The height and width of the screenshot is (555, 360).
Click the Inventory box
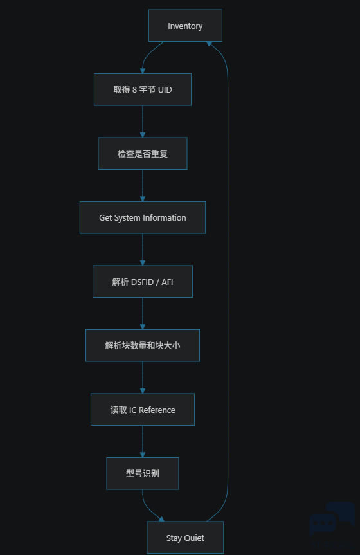[x=185, y=26]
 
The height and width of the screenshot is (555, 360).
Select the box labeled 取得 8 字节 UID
[x=143, y=89]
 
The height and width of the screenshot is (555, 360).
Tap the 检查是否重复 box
[x=143, y=154]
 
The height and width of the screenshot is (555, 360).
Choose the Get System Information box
[x=143, y=217]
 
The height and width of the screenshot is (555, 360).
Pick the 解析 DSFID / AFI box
[x=143, y=282]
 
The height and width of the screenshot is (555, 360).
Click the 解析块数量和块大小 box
[x=143, y=345]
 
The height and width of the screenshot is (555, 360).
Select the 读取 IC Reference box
[x=143, y=410]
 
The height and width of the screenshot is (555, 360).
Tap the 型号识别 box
[x=143, y=473]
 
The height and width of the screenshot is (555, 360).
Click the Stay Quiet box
[x=185, y=538]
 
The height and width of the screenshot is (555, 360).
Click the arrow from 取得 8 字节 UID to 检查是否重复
[x=143, y=122]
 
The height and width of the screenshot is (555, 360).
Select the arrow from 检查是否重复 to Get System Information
[x=143, y=185]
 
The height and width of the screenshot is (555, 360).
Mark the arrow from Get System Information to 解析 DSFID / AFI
[x=143, y=250]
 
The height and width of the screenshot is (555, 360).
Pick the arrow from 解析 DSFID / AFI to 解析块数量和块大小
[x=143, y=314]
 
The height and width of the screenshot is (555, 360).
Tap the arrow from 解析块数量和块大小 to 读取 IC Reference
[x=143, y=378]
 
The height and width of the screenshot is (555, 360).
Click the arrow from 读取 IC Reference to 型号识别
[x=143, y=441]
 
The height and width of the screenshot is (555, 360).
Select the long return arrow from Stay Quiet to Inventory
[x=228, y=282]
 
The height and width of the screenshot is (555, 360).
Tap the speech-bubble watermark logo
[x=332, y=520]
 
